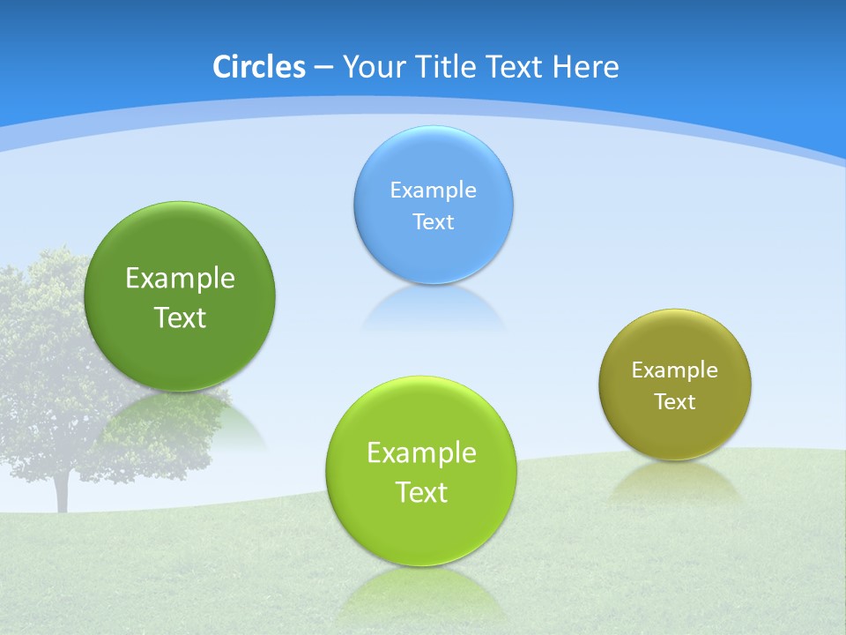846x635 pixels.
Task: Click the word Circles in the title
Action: click(x=258, y=67)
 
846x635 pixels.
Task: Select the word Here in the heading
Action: click(x=585, y=67)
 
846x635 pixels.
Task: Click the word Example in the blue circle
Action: click(x=433, y=190)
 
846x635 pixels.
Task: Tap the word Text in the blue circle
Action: click(x=433, y=222)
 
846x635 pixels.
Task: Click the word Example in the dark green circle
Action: click(x=180, y=279)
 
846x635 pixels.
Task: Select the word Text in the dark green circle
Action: click(x=180, y=317)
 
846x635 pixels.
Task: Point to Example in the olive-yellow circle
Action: click(x=674, y=370)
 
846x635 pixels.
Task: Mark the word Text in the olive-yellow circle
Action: click(x=675, y=402)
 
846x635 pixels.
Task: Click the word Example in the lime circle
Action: click(x=421, y=453)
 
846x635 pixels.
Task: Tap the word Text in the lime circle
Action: click(x=421, y=492)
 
